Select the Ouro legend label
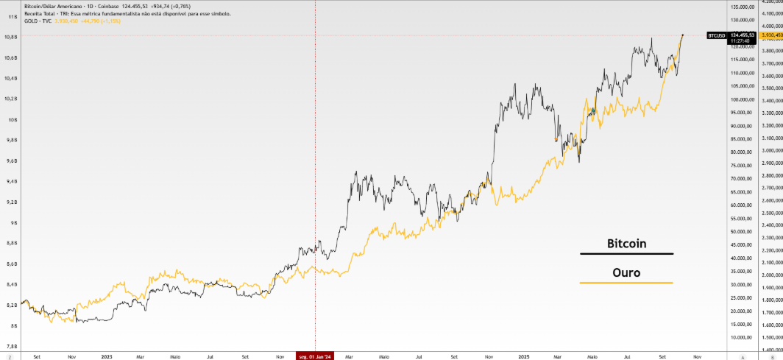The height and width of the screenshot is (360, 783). pyautogui.click(x=626, y=272)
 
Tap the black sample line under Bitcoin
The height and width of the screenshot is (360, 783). pyautogui.click(x=626, y=254)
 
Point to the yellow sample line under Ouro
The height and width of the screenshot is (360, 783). pyautogui.click(x=626, y=283)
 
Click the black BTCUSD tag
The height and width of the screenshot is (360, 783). pyautogui.click(x=716, y=35)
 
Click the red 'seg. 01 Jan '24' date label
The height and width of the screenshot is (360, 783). pyautogui.click(x=315, y=356)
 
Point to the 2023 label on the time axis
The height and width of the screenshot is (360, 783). pyautogui.click(x=107, y=356)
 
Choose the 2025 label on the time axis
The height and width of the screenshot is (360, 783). pyautogui.click(x=524, y=356)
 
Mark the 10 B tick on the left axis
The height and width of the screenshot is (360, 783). pyautogui.click(x=12, y=119)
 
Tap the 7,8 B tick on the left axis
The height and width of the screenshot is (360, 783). pyautogui.click(x=12, y=346)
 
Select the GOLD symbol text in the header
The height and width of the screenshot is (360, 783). pyautogui.click(x=31, y=21)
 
